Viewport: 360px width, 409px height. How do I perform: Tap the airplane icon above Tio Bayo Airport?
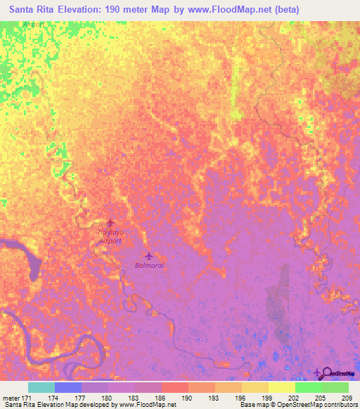[x=110, y=223]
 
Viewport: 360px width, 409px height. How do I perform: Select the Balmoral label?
[x=148, y=266]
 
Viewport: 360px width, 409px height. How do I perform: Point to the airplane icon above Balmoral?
[x=148, y=255]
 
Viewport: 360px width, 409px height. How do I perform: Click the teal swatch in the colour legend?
[x=41, y=387]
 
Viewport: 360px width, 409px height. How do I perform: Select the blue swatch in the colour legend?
[x=67, y=387]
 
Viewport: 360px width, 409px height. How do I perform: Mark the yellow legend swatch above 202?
[x=281, y=387]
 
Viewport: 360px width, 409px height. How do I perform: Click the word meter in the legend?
[x=11, y=397]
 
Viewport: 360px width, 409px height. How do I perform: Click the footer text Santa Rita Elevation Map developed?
[x=49, y=405]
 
